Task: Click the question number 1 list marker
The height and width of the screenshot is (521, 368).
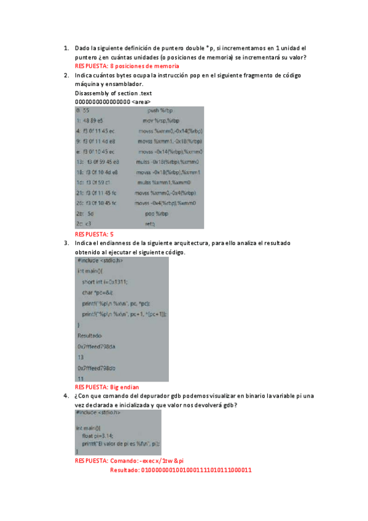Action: [x=66, y=48]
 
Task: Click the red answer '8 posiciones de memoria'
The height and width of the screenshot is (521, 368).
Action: [x=144, y=66]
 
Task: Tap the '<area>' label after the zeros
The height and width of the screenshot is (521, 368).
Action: [x=141, y=101]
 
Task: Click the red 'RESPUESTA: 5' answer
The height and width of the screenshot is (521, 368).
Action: [x=94, y=234]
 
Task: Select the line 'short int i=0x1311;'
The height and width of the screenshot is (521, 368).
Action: [x=107, y=281]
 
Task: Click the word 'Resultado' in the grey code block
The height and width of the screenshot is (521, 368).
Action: [x=90, y=336]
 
